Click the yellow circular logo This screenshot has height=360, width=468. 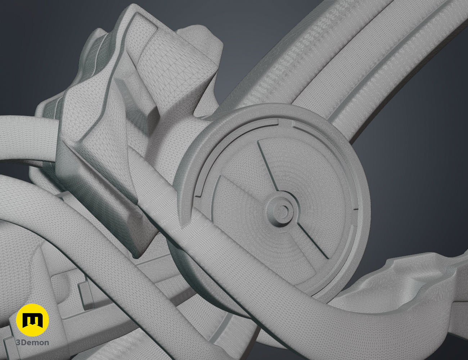click(x=32, y=320)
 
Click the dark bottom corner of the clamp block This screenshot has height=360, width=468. click(x=139, y=254)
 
